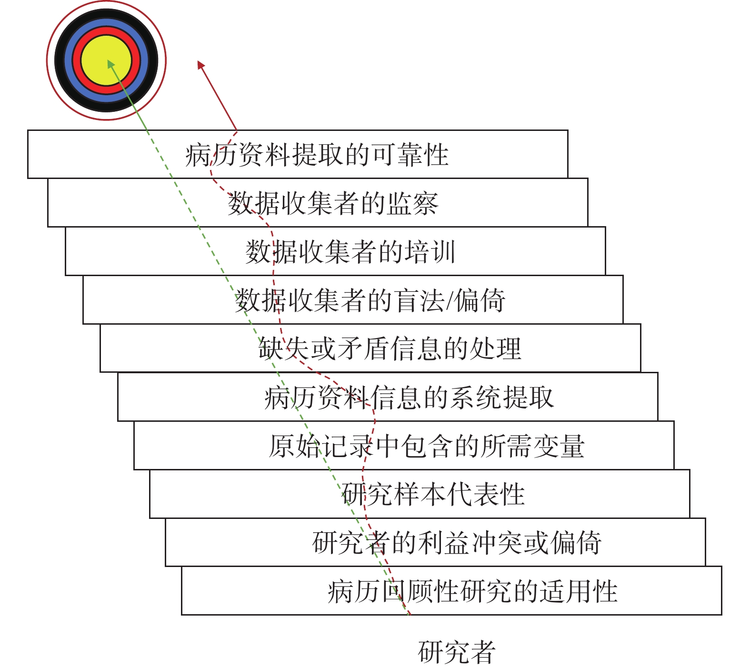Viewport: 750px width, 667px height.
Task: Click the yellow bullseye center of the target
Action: coord(106,60)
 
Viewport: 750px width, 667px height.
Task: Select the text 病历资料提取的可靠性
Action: coord(317,155)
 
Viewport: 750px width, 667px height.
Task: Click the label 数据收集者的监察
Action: coord(332,203)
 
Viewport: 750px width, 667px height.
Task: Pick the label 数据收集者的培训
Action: coord(350,252)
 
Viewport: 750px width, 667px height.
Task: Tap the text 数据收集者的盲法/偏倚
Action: coord(370,300)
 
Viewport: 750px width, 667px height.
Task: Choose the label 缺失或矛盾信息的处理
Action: coord(390,348)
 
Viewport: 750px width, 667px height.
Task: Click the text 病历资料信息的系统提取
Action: coord(409,398)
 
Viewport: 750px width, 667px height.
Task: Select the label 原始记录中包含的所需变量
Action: coord(427,446)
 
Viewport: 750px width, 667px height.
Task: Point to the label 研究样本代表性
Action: coord(433,494)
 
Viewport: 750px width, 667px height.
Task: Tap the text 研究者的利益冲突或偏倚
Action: coord(457,543)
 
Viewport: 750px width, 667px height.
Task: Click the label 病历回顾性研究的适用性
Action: coord(472,591)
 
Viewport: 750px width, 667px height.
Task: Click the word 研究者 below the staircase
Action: coord(457,652)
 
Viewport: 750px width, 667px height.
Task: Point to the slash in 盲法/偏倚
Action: coord(449,301)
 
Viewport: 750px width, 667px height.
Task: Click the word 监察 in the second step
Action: coord(412,203)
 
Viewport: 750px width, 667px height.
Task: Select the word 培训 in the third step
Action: coord(430,252)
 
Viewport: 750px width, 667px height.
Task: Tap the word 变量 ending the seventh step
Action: coord(559,446)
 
